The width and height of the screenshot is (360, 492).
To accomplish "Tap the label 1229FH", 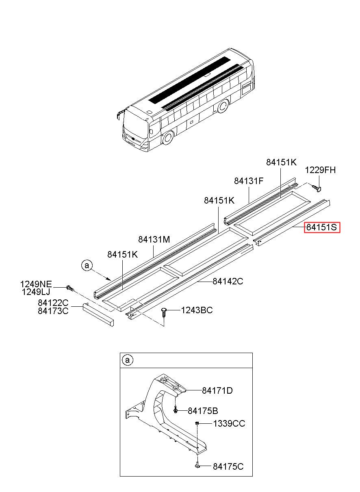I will (x=321, y=170).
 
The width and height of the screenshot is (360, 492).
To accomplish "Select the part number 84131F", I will (x=249, y=181).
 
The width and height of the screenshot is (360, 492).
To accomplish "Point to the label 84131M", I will (x=154, y=240).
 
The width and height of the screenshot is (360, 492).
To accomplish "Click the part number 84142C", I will (x=228, y=281).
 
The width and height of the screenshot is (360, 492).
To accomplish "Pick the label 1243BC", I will (x=197, y=310).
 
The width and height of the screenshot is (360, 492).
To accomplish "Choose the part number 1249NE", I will (x=36, y=284).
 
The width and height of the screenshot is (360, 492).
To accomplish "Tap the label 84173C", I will (x=53, y=311).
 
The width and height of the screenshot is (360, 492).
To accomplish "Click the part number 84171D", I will (x=217, y=390).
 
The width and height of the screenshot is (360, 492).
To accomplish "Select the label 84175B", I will (x=203, y=411).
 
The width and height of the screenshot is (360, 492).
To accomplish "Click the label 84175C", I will (x=228, y=467).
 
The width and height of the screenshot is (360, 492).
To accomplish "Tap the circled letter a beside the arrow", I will (x=87, y=265).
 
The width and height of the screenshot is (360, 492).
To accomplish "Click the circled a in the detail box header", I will (x=127, y=360).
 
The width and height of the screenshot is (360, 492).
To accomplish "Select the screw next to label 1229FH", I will (x=317, y=187).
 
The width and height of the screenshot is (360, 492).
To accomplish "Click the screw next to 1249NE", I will (x=70, y=288).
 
